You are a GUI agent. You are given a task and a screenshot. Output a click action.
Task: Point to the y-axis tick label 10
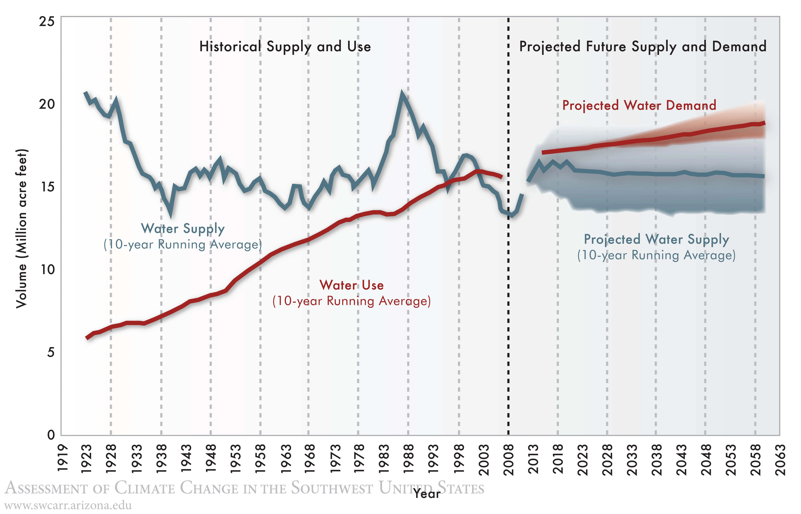pos(47,270)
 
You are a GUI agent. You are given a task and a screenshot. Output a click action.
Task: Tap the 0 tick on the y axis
pos(51,435)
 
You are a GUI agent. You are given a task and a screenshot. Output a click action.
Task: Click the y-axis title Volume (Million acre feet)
pos(21,229)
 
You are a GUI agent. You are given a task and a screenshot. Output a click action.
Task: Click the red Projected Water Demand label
pos(639,105)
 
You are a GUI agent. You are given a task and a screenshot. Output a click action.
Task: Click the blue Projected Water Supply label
pos(656,239)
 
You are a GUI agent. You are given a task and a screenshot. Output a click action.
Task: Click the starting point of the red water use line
pos(87,338)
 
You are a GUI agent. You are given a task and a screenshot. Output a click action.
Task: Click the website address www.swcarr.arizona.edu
pos(68,505)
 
